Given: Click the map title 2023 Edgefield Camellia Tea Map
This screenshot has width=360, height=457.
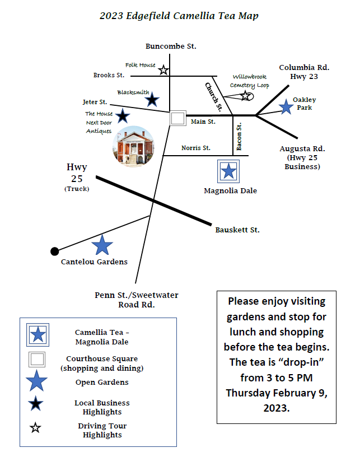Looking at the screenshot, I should coord(179,16).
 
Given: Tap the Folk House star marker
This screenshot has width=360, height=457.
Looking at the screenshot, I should coord(163,70).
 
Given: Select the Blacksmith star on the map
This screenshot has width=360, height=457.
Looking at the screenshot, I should coord(152,100).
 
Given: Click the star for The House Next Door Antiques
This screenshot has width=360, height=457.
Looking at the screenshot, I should coord(123,116).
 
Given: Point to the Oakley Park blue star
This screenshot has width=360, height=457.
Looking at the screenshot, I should coord(286,106).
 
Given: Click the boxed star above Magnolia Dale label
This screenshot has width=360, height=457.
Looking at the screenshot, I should coord(228,171).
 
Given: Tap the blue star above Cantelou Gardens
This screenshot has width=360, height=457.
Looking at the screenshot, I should coord(102,245).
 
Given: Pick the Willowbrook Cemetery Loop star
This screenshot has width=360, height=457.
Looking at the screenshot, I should coord(246,96).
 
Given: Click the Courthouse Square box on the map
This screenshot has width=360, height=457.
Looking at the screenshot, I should coord(178,118).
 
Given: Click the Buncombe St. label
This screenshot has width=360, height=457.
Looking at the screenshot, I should coord(171,46).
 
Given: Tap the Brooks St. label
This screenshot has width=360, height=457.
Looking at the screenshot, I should coord(109,75).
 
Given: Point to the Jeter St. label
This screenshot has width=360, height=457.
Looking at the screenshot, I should coord(95,102).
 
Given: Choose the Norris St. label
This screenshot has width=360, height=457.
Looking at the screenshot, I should coord(196,148).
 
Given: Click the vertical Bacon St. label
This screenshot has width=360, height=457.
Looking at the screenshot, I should coord(239,137).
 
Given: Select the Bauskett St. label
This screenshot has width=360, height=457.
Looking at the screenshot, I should coord(237,230).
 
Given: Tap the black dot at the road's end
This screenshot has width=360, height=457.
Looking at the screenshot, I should coord(54,251).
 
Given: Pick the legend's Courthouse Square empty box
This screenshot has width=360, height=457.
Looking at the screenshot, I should coord(38,360).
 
